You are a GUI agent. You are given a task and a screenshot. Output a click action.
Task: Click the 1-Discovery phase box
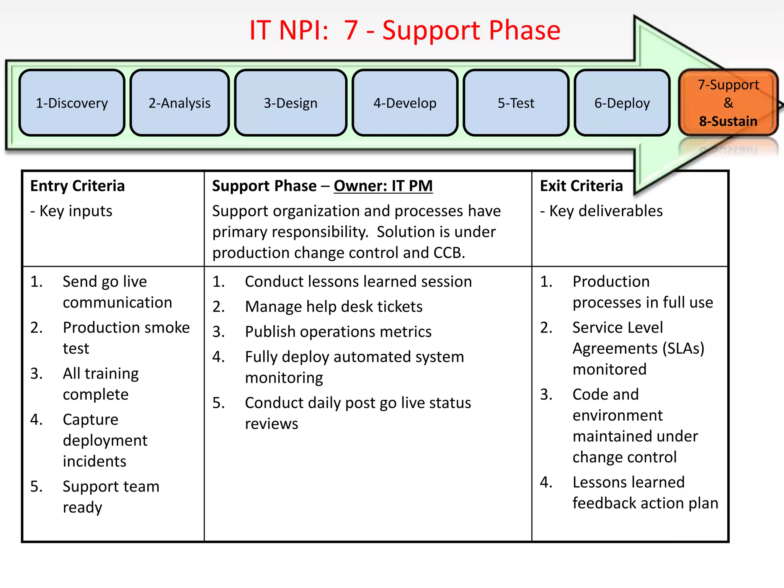(x=72, y=103)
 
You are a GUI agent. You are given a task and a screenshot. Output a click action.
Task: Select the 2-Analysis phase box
(x=180, y=103)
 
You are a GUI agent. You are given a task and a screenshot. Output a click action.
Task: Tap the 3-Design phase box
(x=291, y=103)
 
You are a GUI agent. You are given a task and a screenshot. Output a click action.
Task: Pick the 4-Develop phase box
(x=405, y=103)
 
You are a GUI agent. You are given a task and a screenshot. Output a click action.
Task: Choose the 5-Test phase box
(x=516, y=103)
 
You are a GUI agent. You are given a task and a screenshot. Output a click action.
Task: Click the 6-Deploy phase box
(x=622, y=103)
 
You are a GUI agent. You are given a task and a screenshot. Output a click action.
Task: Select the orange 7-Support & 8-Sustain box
(x=728, y=103)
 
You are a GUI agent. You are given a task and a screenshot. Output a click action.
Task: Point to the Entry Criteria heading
(x=77, y=186)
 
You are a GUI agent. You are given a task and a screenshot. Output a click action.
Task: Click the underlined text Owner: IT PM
(x=383, y=186)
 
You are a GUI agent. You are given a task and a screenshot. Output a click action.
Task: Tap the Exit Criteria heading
(x=581, y=186)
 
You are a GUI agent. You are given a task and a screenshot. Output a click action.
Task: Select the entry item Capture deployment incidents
(x=105, y=440)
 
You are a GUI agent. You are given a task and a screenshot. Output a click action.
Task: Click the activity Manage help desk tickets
(x=333, y=307)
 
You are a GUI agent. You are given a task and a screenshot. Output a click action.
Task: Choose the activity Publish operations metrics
(x=338, y=332)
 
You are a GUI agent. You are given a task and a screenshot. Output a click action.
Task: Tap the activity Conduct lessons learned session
(x=358, y=282)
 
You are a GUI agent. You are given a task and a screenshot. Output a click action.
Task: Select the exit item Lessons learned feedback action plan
(x=645, y=493)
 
